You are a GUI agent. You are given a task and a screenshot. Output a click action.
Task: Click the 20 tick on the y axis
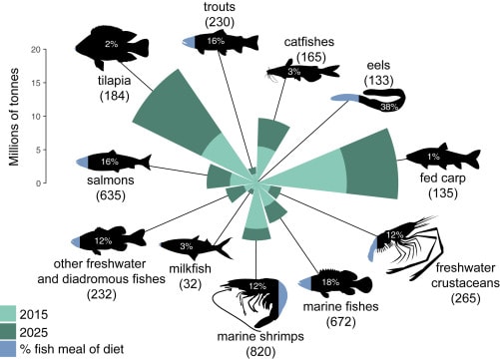(44, 50)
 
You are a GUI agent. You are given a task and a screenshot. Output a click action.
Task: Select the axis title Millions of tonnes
(14, 117)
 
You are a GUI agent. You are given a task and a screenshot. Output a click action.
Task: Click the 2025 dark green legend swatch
(8, 331)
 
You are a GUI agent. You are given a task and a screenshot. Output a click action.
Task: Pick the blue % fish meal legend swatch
(8, 349)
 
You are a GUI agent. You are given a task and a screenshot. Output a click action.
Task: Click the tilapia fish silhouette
(112, 48)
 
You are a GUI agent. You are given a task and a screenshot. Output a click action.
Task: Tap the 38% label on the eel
(389, 107)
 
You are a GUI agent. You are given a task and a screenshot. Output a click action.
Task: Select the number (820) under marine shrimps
(260, 351)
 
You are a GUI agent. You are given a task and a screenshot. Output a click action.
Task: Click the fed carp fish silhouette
(442, 157)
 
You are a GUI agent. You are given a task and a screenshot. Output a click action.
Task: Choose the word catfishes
(309, 42)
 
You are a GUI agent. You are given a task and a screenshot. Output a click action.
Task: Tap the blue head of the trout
(189, 42)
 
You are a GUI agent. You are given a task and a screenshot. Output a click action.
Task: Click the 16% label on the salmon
(110, 162)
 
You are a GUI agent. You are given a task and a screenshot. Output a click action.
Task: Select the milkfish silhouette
(197, 247)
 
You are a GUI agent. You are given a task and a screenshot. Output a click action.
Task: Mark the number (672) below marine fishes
(341, 321)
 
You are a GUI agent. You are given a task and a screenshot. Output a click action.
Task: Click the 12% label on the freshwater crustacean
(394, 235)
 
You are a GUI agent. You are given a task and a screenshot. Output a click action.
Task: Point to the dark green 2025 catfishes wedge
(273, 135)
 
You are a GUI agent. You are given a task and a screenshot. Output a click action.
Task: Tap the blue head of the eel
(345, 98)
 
